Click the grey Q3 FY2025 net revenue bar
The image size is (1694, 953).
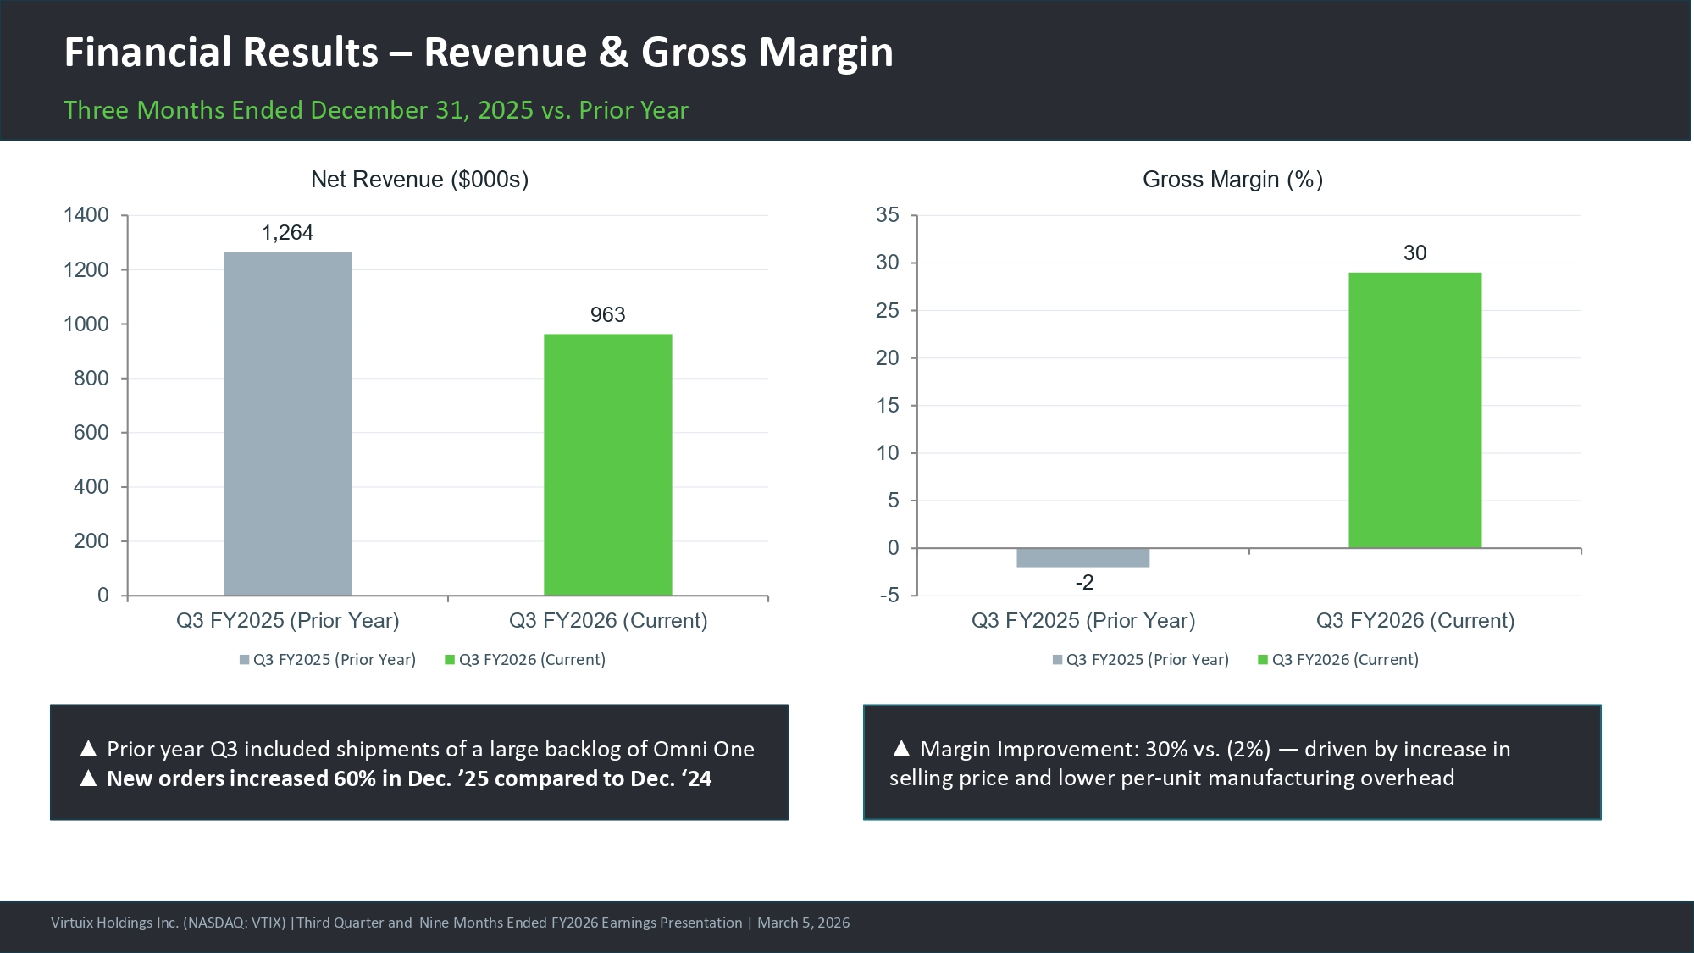(287, 424)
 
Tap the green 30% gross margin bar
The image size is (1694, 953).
(1414, 410)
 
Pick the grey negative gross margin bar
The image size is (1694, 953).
(1082, 557)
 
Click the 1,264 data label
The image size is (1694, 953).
(287, 233)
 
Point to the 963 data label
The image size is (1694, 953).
(607, 315)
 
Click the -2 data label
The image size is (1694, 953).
(1084, 583)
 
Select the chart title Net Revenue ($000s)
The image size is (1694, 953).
(419, 180)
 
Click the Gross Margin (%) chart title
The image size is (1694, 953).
(1232, 180)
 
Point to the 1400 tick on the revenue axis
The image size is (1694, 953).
(86, 215)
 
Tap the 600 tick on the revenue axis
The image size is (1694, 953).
(91, 433)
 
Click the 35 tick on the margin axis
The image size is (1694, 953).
(887, 215)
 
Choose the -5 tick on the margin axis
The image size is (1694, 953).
(889, 596)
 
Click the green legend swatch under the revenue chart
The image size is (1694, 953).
(450, 660)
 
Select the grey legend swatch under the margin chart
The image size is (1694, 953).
(1057, 660)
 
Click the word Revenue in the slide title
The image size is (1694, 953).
(505, 53)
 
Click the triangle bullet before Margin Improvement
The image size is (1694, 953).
(901, 749)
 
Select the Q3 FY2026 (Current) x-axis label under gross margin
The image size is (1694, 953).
(1414, 621)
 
